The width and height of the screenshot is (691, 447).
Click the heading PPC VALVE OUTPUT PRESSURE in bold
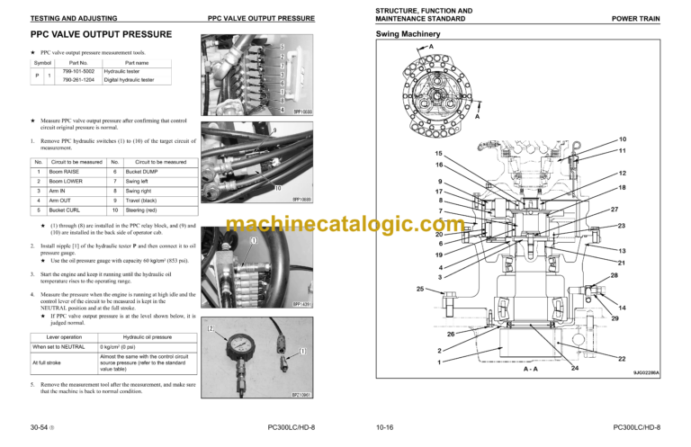(101, 37)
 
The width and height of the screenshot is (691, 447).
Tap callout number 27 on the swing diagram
(615, 210)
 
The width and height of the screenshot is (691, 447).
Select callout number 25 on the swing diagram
(419, 289)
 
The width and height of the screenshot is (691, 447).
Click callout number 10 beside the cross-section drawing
(622, 139)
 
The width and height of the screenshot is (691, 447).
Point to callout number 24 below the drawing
(574, 368)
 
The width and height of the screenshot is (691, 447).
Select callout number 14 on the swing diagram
(622, 308)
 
